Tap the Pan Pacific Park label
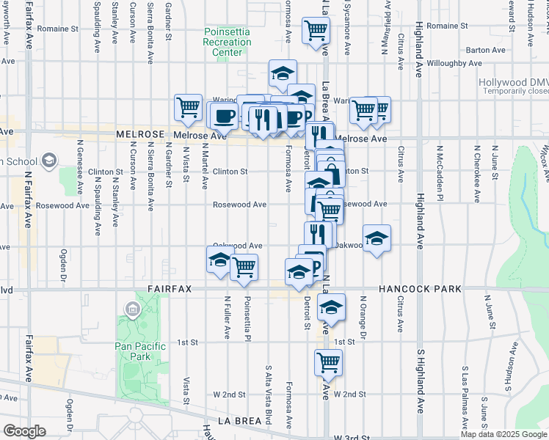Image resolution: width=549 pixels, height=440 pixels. point(137,350)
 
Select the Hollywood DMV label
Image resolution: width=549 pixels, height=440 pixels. point(512,83)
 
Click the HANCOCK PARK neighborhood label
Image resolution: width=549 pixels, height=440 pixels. point(421,290)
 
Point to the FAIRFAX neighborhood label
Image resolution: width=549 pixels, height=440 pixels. point(169,290)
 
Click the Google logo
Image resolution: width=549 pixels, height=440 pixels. point(25,431)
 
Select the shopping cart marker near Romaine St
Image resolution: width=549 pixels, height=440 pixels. point(316,31)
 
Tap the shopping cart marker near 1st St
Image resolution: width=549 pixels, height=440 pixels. point(328,362)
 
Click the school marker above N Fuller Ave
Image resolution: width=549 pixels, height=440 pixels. point(219,260)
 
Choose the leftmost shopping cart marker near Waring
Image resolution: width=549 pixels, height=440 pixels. point(188,106)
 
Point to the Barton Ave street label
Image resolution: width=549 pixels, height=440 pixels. point(485,51)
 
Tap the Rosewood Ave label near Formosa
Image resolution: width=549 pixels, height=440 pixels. point(239,205)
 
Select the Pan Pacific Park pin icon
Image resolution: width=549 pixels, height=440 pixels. point(133,309)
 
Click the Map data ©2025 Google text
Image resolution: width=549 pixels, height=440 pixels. point(503,433)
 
